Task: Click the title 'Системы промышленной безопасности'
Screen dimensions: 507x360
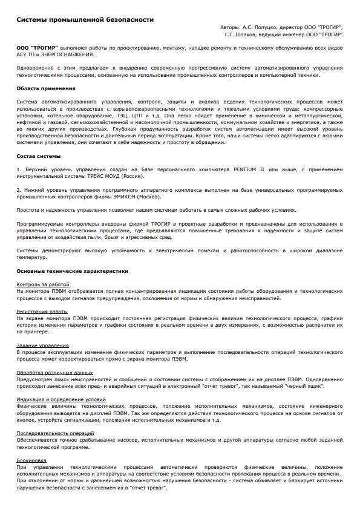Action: click(85, 20)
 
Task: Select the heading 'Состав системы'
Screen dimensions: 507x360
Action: click(38, 156)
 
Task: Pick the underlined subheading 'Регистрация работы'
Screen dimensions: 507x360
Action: click(42, 311)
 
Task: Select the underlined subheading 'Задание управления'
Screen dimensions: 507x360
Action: click(43, 345)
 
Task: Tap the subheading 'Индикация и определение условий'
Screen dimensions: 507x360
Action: click(61, 399)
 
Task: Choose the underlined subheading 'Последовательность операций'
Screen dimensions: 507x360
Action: click(56, 433)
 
